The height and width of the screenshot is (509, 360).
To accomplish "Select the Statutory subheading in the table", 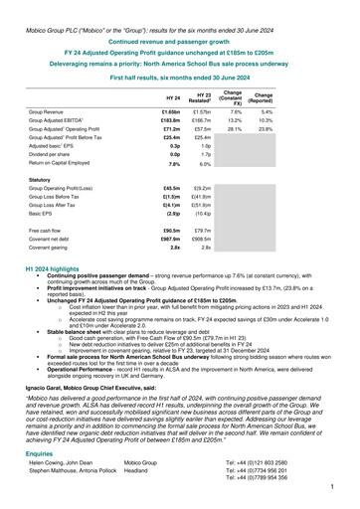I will click(x=46, y=180).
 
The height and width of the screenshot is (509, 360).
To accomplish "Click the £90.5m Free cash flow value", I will click(x=170, y=231).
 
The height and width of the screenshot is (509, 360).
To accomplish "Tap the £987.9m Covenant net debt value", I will click(x=170, y=240).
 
